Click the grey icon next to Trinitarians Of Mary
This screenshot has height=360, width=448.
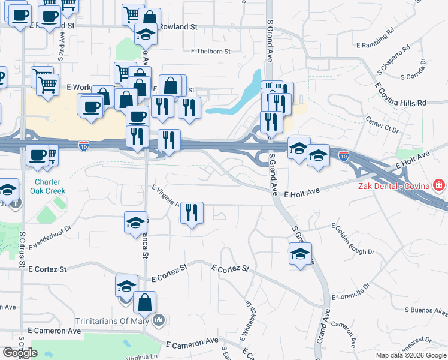coord(158,320)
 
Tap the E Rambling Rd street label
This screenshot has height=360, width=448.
coord(375,37)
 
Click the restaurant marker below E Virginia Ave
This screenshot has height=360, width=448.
coord(192,213)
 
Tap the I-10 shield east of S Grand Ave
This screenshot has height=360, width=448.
coord(343,157)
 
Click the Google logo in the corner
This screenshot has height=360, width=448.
coord(19,353)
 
